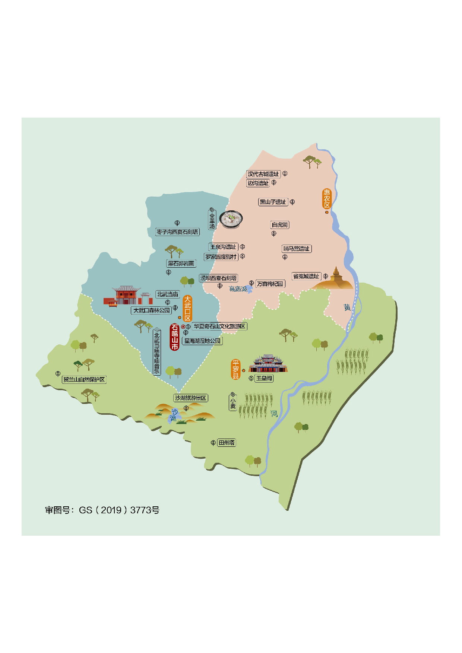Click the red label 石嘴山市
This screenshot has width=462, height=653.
tap(174, 337)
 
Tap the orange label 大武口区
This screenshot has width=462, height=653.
tap(187, 308)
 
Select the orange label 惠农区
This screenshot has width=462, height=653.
tap(327, 199)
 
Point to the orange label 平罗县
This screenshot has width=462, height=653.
tap(235, 369)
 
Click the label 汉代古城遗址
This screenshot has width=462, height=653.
tap(263, 174)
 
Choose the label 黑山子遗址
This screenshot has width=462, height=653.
tap(273, 202)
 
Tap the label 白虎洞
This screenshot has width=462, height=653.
tap(279, 225)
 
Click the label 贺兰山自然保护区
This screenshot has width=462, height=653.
tap(84, 380)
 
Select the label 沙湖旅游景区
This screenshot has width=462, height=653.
tap(191, 398)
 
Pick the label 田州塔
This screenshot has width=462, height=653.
tap(227, 443)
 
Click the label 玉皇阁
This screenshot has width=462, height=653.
tap(264, 378)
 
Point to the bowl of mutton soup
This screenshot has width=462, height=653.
tap(231, 219)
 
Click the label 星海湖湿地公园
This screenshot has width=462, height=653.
tap(203, 341)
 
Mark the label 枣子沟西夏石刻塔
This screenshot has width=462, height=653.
tap(177, 232)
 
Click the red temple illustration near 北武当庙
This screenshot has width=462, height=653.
tap(127, 296)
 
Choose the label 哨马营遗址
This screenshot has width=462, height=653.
tap(297, 249)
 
